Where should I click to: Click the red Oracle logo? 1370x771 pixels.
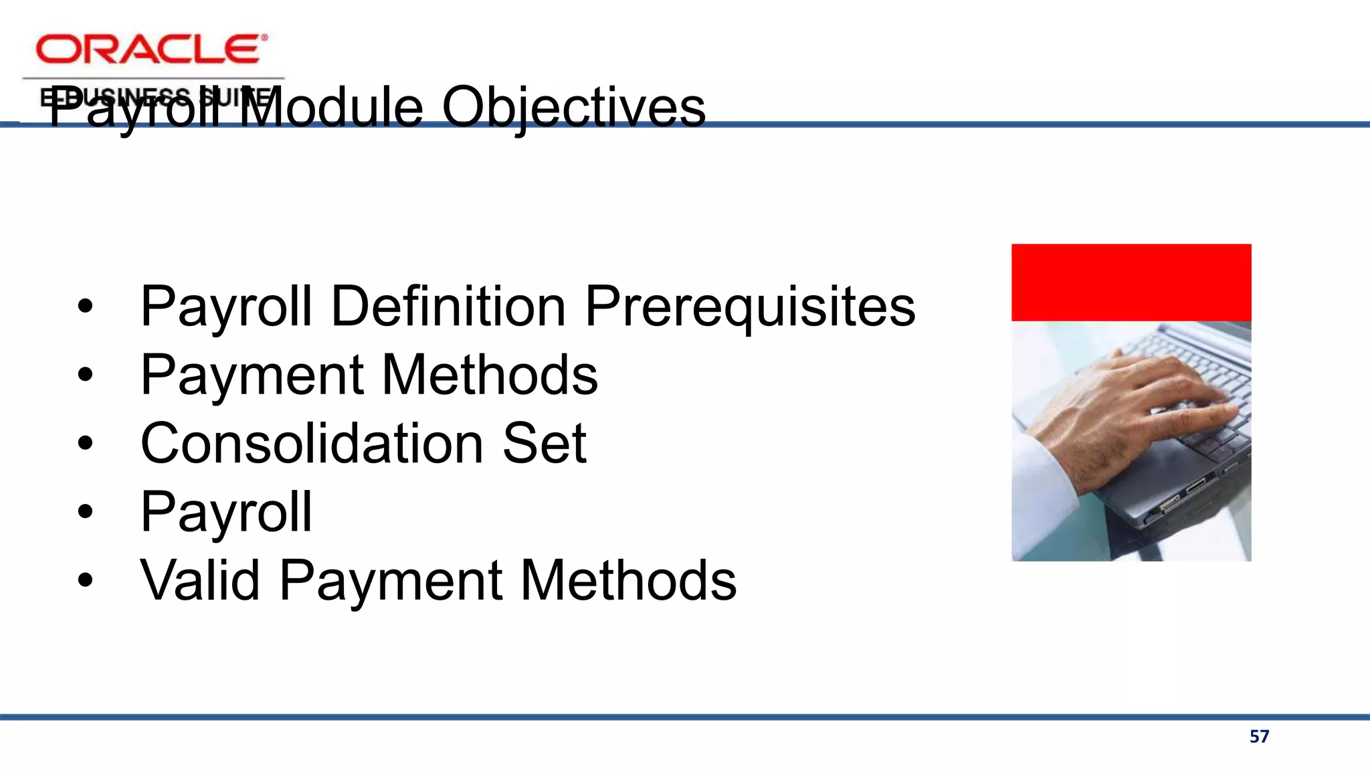click(x=151, y=50)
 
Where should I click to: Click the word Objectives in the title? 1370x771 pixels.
click(x=573, y=108)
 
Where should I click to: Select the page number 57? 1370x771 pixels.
click(x=1259, y=737)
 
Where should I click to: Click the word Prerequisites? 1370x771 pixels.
click(x=750, y=307)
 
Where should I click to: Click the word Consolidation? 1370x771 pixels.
click(x=312, y=444)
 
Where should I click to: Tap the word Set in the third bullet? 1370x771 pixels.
click(x=544, y=444)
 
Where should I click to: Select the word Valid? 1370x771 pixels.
click(x=200, y=580)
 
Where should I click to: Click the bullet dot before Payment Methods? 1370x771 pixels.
click(x=85, y=375)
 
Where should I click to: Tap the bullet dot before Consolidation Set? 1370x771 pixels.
click(x=85, y=444)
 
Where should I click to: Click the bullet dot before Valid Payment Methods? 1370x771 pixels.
click(x=85, y=580)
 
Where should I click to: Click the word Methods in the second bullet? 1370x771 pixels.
click(x=490, y=375)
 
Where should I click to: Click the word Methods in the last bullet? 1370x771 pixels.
click(x=628, y=580)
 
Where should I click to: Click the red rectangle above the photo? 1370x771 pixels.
click(x=1131, y=282)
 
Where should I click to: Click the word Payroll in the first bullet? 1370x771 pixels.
click(x=226, y=307)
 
